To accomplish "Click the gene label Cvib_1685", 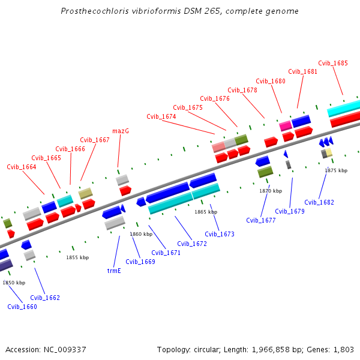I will click(333, 63).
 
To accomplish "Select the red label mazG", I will click(121, 131).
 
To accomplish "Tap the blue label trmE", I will click(114, 271).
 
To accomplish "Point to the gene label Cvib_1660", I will click(22, 307).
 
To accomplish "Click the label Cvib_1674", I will click(161, 116).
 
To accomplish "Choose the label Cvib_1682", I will click(319, 202).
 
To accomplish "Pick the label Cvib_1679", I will click(290, 211).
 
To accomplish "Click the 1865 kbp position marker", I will click(205, 212).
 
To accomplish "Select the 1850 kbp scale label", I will click(14, 283).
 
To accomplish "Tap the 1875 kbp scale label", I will click(336, 170).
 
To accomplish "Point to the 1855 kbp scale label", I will click(77, 257).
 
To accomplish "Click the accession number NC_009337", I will click(66, 349).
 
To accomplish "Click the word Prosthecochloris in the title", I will click(92, 11).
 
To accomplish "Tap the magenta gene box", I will click(286, 125).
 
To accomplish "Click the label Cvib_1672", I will click(192, 244).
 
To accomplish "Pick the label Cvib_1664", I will click(22, 167).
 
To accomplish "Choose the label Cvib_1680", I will click(271, 81).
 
